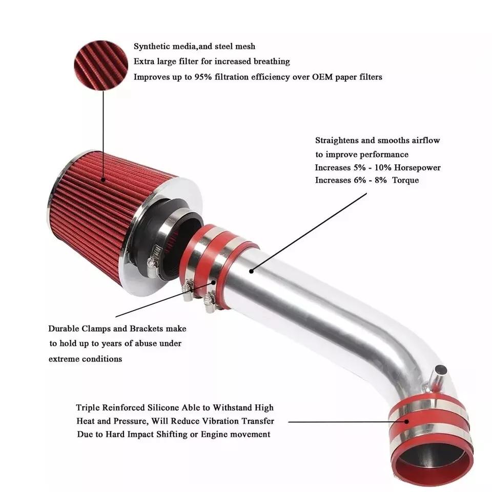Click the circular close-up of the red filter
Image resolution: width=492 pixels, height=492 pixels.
coord(101,65)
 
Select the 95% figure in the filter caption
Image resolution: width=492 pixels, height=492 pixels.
coord(203,77)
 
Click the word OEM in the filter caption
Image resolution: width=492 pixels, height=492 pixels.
coord(322,77)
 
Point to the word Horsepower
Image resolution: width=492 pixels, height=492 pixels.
coord(417,168)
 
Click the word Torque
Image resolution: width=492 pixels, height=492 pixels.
coord(405,180)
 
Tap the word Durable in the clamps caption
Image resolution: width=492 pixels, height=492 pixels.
coord(64,329)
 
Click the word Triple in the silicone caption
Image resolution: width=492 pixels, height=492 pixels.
coord(88,408)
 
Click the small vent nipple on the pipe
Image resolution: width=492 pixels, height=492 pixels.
coord(438,375)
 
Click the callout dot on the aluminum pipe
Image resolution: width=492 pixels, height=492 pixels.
coord(251,271)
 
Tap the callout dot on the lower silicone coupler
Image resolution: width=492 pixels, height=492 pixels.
coord(407,422)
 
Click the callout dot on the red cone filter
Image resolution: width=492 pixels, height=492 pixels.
coord(103,180)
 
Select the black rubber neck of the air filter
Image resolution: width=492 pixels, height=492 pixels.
coord(163,238)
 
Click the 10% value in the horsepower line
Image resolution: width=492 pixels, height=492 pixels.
coord(383,168)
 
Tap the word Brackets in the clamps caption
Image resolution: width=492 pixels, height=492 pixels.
coord(147,329)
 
